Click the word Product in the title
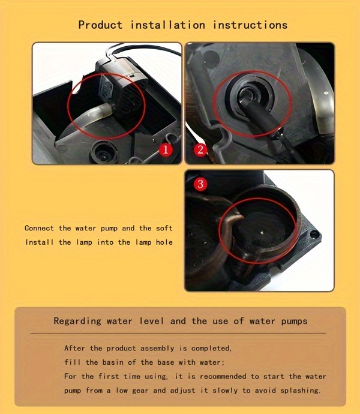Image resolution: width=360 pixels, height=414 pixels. click(x=100, y=25)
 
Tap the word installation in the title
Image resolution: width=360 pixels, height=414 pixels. click(x=168, y=25)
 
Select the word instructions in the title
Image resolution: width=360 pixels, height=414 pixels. click(x=250, y=25)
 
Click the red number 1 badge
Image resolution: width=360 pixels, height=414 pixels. click(x=166, y=150)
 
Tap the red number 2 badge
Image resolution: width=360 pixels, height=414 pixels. click(x=200, y=150)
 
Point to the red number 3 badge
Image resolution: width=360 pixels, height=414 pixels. click(x=200, y=184)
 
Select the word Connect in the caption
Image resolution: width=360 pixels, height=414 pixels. click(x=39, y=228)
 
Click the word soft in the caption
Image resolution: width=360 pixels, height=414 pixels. click(x=164, y=228)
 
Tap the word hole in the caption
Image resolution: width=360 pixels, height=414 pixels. click(x=164, y=242)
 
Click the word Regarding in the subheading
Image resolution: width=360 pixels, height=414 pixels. click(x=77, y=322)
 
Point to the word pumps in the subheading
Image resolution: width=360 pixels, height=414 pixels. click(x=294, y=322)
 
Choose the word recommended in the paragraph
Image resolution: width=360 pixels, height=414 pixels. click(x=223, y=376)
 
